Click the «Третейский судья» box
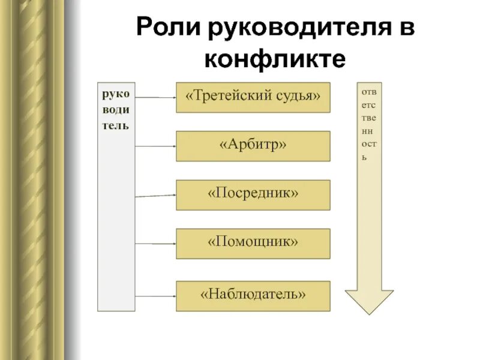coord(253,97)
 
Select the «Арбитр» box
coord(253,146)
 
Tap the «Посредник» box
coord(253,194)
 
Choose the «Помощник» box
coord(253,243)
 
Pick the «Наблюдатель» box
coord(253,295)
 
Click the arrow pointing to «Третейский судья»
coord(155,97)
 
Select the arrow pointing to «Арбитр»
coord(155,146)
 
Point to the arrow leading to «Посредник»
coord(155,196)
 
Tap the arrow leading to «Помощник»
coord(155,244)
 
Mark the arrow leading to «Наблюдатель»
coord(155,296)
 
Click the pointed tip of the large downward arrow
coord(369,312)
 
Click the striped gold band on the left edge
coord(36,180)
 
